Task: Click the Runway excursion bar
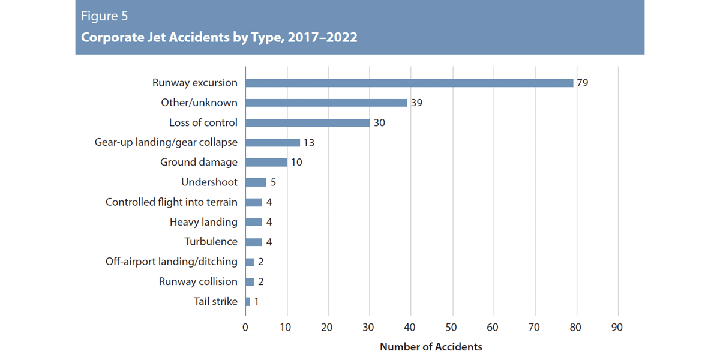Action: tap(409, 83)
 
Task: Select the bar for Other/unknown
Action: tap(326, 103)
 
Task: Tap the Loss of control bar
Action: tap(308, 122)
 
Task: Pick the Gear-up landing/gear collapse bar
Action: tap(272, 142)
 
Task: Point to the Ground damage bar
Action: tap(266, 162)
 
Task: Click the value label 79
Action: tap(582, 83)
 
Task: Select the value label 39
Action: tap(417, 103)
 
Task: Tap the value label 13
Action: tap(308, 142)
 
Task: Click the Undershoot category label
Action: tap(209, 182)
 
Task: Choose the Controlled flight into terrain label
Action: tap(172, 202)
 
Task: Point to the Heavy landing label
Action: tap(203, 222)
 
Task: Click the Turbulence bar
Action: tap(254, 242)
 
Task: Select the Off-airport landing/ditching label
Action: tap(172, 262)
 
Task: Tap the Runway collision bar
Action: tap(250, 281)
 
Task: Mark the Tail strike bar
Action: tap(248, 301)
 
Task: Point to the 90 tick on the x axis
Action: tap(617, 327)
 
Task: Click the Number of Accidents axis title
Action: tap(431, 347)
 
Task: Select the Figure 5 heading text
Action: tap(104, 16)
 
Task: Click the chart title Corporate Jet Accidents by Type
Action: tap(219, 37)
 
